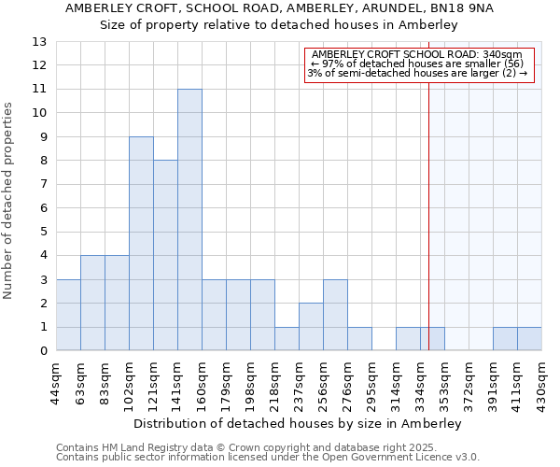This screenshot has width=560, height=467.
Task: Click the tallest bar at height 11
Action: (189, 219)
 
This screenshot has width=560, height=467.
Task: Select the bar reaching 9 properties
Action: (141, 244)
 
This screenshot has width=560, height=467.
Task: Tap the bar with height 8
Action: (165, 255)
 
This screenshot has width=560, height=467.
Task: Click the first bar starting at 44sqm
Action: (68, 315)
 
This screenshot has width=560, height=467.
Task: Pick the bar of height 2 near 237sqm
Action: (311, 327)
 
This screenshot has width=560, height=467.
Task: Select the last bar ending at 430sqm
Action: (529, 339)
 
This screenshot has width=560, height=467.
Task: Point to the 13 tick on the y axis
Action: (40, 41)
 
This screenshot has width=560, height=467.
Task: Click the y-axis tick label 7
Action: (43, 184)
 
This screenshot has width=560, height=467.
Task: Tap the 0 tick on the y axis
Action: (43, 351)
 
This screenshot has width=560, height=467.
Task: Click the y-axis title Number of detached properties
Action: (9, 201)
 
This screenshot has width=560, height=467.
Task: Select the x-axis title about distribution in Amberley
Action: (298, 423)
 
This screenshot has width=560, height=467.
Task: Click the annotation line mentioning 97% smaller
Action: (417, 64)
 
